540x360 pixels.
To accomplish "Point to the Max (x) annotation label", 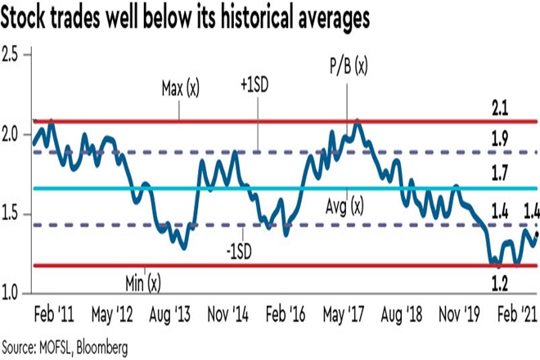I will pos(180,85).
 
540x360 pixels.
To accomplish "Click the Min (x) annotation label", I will pos(143,282).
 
